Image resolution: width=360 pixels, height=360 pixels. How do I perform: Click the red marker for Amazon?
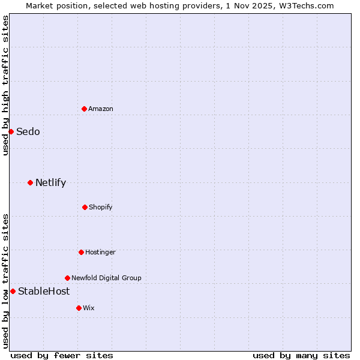coord(84,109)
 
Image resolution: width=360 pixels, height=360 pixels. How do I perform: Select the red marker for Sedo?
coord(11,131)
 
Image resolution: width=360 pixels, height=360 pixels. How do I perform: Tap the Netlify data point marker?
coord(30,182)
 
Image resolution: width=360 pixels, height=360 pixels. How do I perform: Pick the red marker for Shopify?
coord(85,207)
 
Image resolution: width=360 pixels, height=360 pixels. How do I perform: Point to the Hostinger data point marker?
coord(81,252)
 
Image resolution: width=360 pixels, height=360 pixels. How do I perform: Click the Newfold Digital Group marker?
coord(67,278)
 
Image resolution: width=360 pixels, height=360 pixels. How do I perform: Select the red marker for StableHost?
coord(13,291)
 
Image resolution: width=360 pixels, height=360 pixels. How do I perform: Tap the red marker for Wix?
coord(79,308)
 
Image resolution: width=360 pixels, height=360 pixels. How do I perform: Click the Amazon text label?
coord(101,109)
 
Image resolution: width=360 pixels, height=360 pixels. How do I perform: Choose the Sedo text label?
coord(28,132)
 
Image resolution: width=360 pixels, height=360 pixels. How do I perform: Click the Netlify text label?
coord(50,183)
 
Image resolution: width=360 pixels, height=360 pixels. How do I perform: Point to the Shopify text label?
coord(101,207)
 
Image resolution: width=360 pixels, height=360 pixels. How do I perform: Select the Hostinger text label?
coord(100,252)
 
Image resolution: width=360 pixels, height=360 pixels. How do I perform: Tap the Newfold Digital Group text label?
coord(106,278)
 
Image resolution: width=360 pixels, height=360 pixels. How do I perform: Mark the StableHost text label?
coord(44,292)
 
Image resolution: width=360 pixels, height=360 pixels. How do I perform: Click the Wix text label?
coord(89,308)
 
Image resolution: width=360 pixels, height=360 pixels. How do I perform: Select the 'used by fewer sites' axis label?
coord(62,355)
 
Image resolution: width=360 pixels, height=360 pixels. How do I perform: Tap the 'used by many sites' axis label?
coord(301,355)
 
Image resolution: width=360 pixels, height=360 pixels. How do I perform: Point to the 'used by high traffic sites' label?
coord(5,85)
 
